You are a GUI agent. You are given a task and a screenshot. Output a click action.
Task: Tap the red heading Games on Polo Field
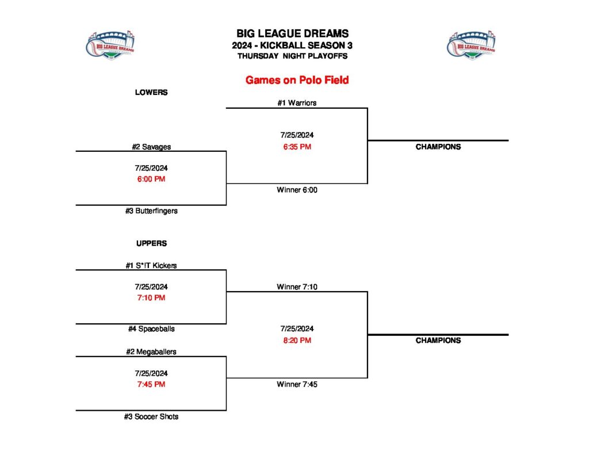297,80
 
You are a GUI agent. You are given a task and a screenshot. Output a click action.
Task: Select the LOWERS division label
151,92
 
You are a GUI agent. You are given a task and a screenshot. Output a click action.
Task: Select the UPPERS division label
151,243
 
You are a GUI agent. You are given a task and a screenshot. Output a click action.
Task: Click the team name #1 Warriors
297,103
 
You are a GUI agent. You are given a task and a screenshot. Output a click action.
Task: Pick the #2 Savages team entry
151,147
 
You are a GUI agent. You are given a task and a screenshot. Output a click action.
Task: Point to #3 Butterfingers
151,211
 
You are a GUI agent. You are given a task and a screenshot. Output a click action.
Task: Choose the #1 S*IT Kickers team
151,265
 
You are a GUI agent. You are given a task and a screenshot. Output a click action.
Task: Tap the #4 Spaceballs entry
151,329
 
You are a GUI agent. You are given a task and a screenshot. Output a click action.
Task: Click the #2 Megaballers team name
151,351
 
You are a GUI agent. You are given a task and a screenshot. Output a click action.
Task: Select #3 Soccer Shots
151,416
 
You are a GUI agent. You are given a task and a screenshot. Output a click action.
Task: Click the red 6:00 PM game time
151,179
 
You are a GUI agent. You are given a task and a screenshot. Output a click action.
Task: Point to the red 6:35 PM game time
297,147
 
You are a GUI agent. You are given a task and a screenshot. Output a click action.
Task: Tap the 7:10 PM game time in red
151,298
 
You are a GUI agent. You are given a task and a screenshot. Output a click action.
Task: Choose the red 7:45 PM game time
151,384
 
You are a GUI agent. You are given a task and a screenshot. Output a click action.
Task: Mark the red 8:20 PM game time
297,341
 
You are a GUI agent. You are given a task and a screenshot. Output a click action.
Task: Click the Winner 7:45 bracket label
297,384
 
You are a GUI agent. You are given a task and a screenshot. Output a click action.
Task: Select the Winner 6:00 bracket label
297,190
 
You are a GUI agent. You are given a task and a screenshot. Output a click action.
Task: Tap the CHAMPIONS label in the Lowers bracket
438,147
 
